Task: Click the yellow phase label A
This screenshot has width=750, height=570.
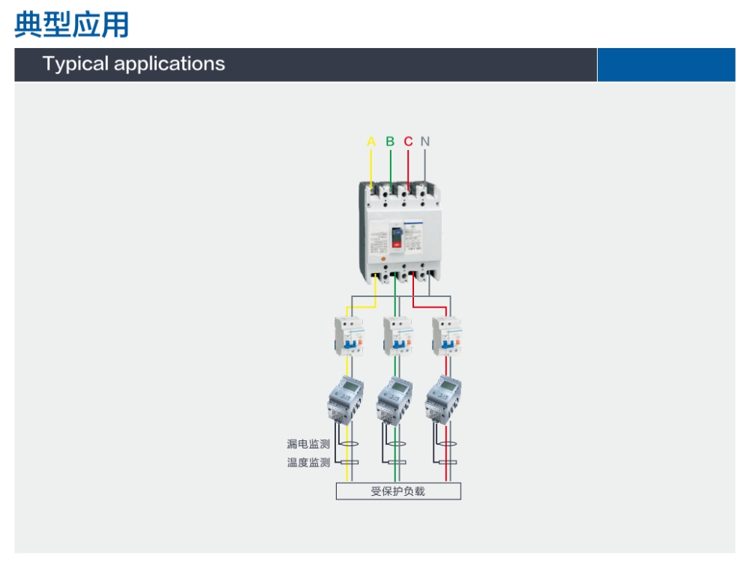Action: [371, 142]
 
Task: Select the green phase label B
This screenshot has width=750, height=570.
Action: [390, 142]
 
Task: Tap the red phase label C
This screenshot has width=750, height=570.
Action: [408, 142]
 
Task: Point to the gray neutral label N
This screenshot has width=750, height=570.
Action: [425, 142]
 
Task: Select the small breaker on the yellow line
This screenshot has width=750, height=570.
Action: [349, 336]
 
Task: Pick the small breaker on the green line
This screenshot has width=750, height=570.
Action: [398, 336]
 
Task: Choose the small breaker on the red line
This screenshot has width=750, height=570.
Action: [447, 336]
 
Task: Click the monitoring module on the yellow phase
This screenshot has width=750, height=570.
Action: [346, 400]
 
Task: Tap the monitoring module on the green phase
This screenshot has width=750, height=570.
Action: [395, 400]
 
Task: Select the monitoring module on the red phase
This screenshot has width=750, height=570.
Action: [444, 400]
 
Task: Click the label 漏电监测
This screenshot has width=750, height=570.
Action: [308, 444]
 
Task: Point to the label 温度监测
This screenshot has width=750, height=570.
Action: [308, 463]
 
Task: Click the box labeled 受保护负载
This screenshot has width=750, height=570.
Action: [398, 491]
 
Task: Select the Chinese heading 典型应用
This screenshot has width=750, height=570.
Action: [72, 25]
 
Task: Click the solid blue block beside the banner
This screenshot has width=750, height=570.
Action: [666, 64]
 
